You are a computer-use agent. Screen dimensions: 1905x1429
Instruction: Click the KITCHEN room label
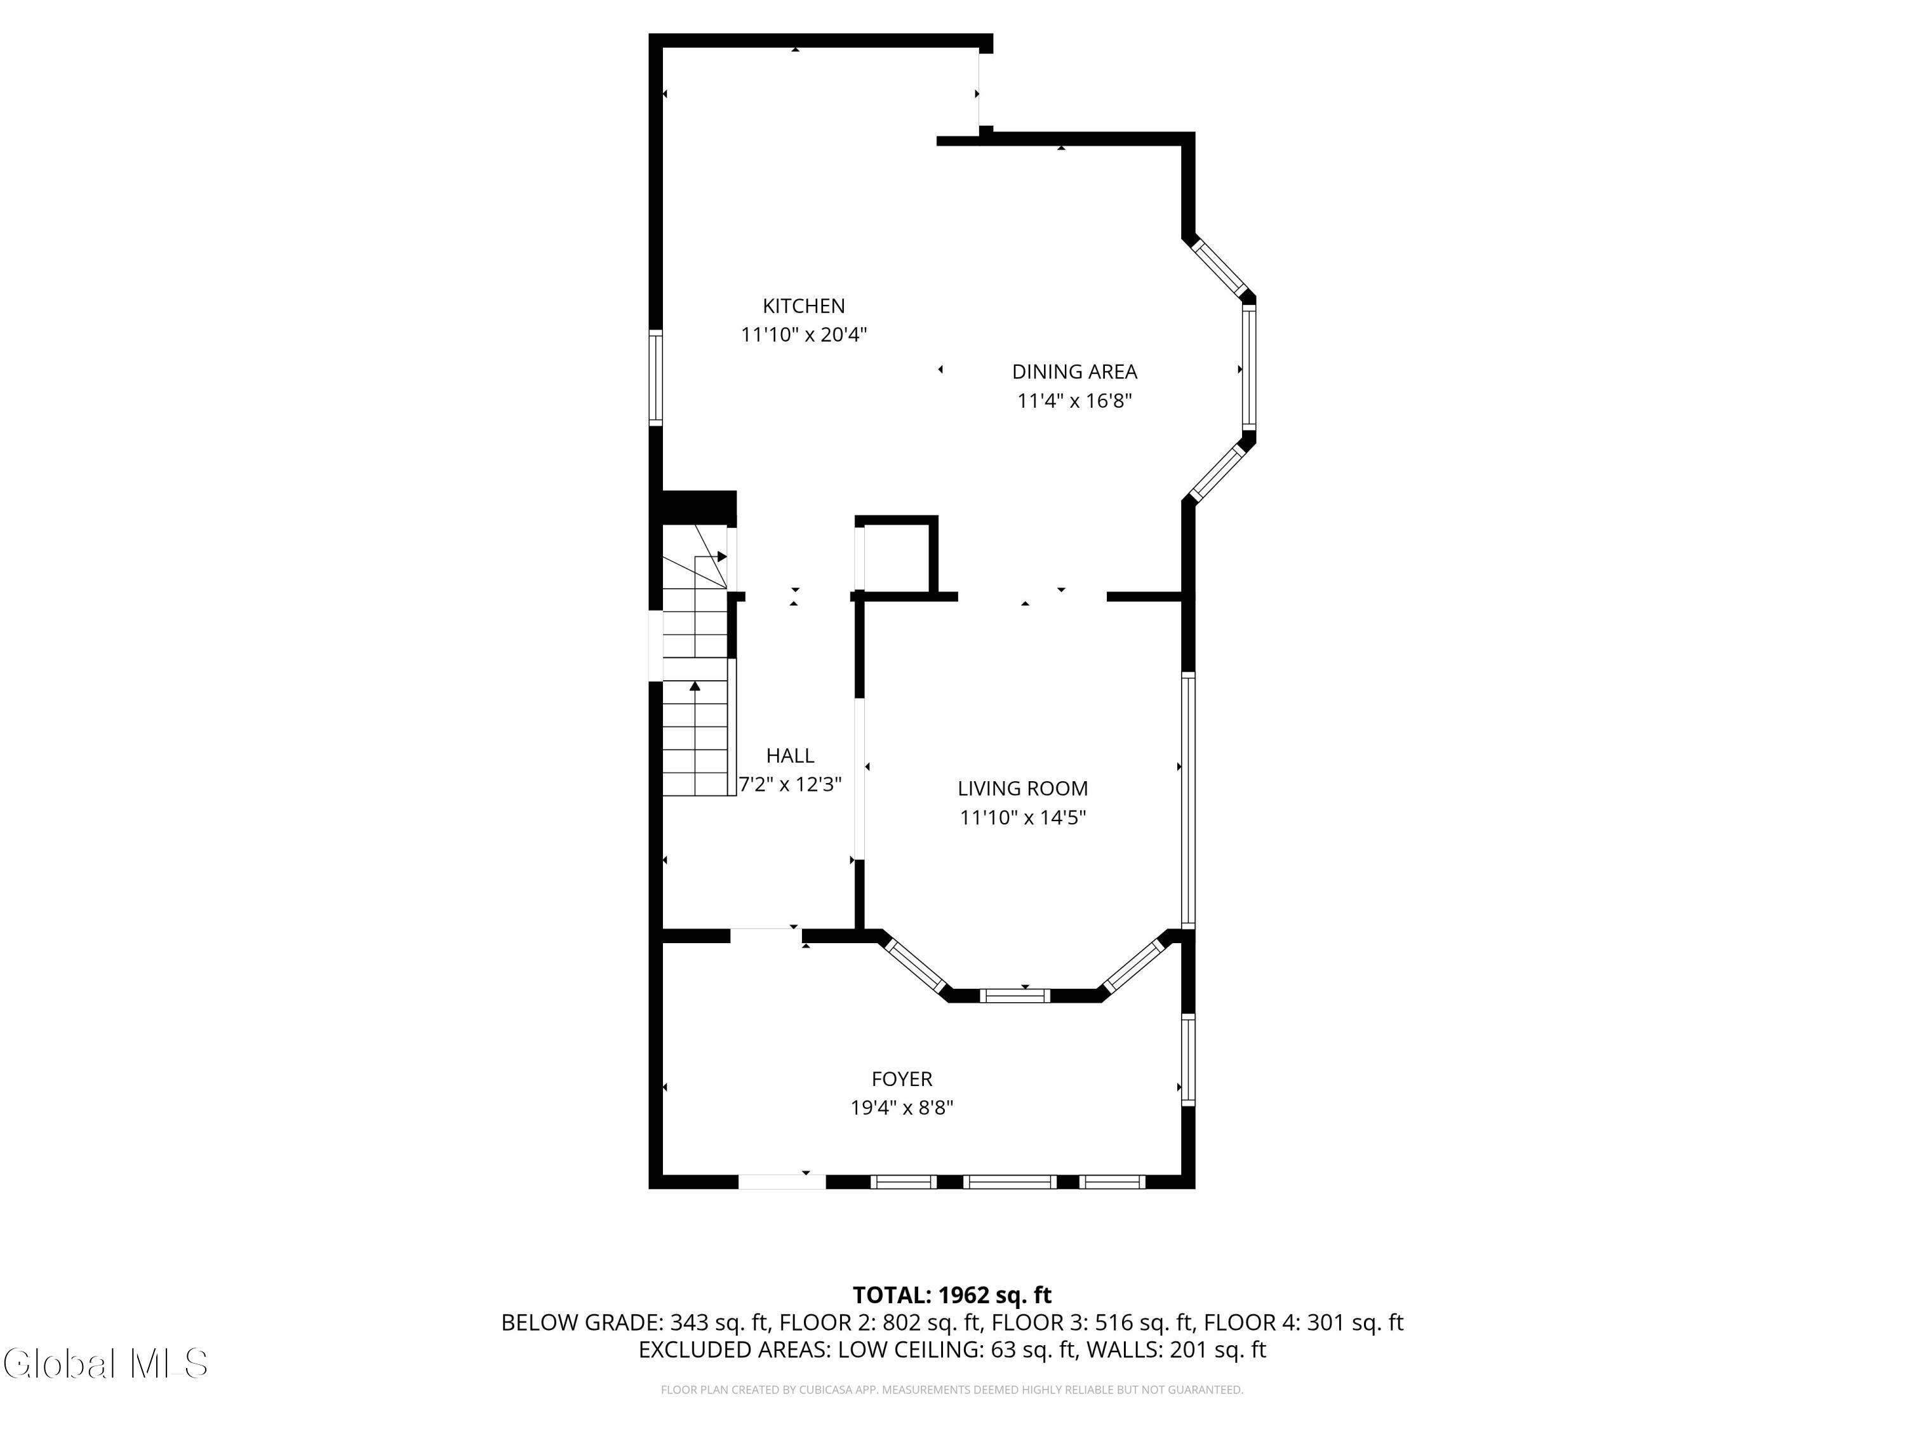tap(803, 305)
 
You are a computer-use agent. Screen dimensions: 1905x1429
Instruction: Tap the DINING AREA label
tap(1074, 372)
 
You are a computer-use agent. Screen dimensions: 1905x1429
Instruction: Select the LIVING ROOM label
tap(1022, 788)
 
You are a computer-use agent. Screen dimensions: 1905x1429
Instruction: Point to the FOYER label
tap(902, 1078)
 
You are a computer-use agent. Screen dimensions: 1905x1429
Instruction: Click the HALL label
tap(790, 755)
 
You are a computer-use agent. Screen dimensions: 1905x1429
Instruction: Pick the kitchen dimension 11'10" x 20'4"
tap(803, 334)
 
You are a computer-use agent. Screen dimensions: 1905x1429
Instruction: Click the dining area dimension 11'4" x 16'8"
tap(1074, 401)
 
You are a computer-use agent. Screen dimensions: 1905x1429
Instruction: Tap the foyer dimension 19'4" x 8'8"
tap(902, 1108)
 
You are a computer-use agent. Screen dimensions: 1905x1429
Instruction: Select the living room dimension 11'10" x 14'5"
tap(1022, 817)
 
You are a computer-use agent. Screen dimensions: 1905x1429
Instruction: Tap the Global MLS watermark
tap(105, 1364)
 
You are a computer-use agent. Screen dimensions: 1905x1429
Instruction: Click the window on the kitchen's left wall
tap(655, 377)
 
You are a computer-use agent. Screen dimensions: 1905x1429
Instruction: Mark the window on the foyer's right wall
tap(1187, 1059)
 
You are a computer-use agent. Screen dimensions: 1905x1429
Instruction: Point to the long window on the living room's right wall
tap(1187, 800)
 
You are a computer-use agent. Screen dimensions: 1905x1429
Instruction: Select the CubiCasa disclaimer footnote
tap(952, 1390)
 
